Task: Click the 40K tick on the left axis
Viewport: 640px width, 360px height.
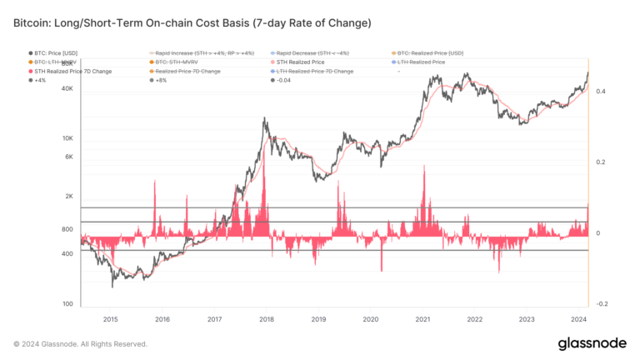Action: click(x=67, y=97)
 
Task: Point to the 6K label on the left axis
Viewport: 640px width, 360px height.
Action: click(x=69, y=157)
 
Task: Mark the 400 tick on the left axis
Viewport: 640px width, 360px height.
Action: click(x=68, y=253)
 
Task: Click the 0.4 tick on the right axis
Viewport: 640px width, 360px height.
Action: click(x=602, y=92)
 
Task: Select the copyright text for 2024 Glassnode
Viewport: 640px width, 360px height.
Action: click(x=80, y=343)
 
